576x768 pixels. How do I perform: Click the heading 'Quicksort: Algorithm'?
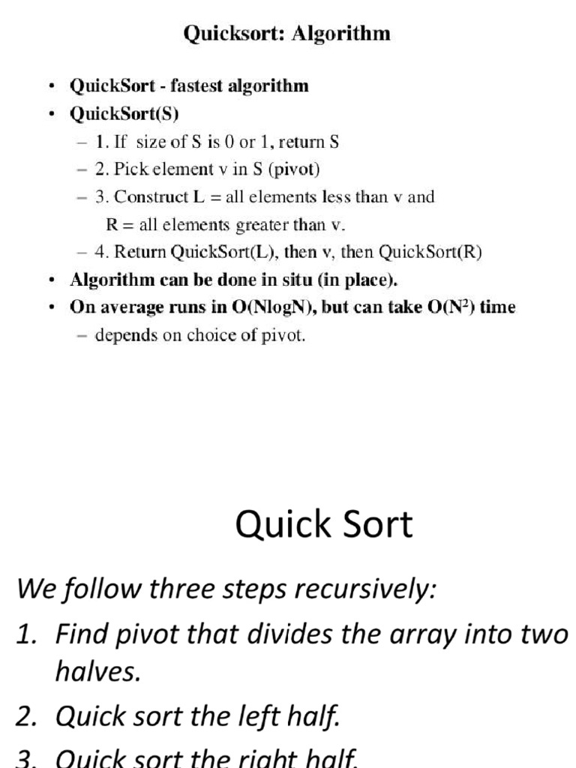click(x=287, y=34)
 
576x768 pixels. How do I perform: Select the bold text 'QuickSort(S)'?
click(x=124, y=114)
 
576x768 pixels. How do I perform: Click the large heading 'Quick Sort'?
click(x=324, y=525)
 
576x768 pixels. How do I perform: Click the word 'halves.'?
click(x=98, y=673)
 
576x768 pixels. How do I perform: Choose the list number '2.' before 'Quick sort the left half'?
click(x=26, y=716)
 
